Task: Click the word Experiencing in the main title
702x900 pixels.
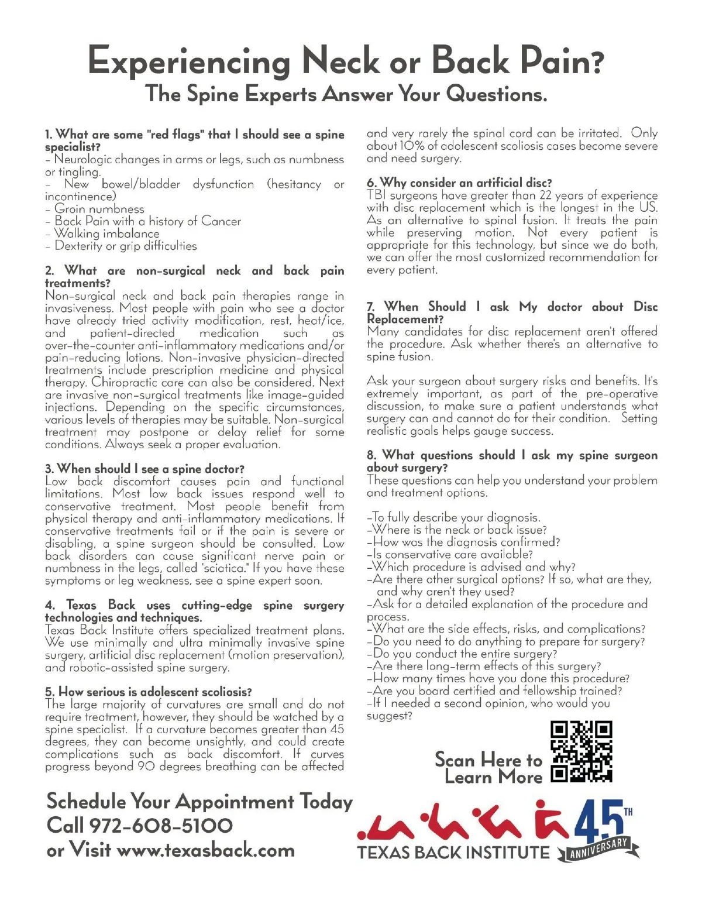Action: point(188,61)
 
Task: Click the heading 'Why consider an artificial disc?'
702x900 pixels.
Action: point(459,183)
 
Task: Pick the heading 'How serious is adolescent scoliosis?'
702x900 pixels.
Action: point(149,692)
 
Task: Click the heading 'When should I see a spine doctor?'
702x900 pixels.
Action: point(144,469)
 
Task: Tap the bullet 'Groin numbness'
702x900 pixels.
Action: point(99,209)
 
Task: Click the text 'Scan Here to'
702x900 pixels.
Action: point(488,760)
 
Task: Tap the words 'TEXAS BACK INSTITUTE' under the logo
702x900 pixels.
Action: point(453,853)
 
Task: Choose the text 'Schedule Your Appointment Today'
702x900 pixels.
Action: point(199,801)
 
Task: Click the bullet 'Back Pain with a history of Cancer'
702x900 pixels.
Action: point(147,221)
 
